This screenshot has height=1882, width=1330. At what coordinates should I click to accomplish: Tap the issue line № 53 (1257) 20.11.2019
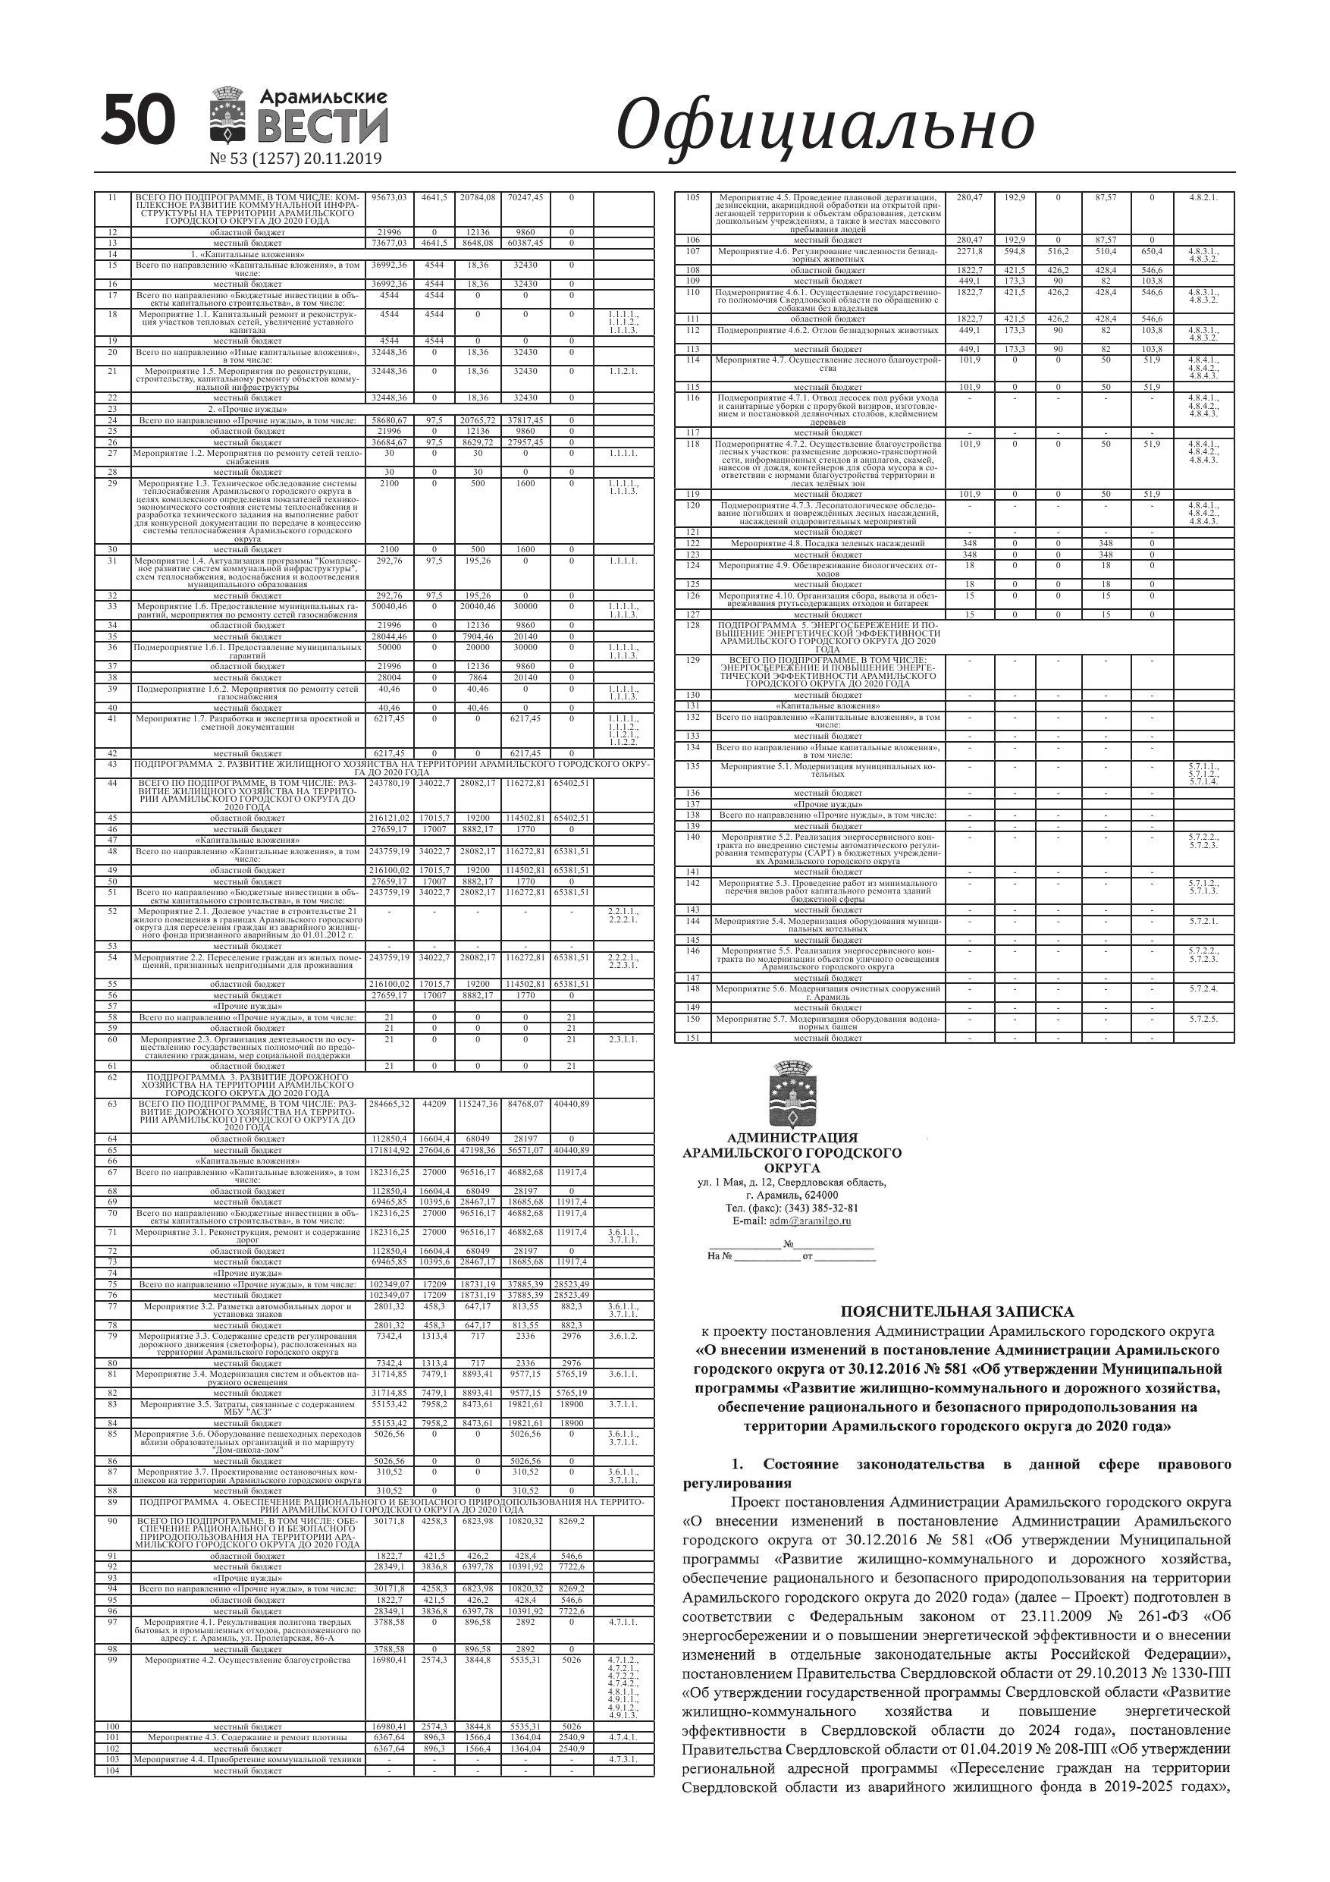point(296,159)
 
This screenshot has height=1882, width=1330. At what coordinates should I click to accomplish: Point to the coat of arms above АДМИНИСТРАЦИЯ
point(792,1095)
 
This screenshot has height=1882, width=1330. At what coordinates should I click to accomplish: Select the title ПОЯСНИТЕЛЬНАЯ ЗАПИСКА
point(956,1312)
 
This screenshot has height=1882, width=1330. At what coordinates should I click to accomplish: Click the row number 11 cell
point(112,197)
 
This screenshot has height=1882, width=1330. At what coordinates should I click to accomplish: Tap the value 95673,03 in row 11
point(389,197)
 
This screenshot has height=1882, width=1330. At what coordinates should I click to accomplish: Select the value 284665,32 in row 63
point(389,1104)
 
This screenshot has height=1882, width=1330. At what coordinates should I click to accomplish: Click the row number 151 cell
point(692,1038)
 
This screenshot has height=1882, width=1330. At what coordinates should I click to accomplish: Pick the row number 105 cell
point(692,197)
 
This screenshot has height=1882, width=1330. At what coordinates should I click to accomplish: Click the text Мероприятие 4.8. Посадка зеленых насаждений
point(828,543)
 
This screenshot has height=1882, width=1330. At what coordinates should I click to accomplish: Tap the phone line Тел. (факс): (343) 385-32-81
point(792,1208)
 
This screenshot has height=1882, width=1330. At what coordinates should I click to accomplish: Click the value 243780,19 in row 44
point(389,783)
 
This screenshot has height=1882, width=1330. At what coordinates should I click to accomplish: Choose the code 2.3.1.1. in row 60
point(623,1039)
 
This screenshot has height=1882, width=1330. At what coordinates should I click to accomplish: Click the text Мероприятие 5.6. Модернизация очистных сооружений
point(828,988)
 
